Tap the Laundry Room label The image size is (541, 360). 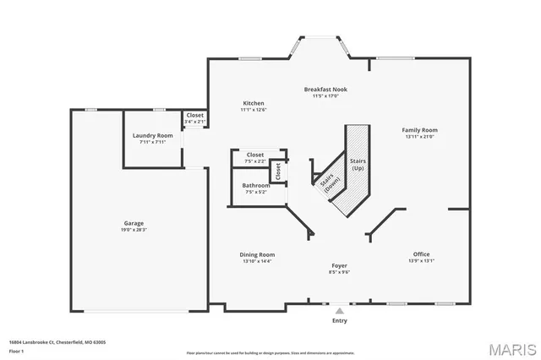click(152, 135)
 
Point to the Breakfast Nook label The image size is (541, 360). click(325, 89)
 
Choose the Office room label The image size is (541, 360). click(421, 254)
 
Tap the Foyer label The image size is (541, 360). click(339, 265)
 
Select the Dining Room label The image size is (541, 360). click(256, 254)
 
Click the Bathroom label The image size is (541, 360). click(255, 185)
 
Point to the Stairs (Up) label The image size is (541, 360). click(358, 163)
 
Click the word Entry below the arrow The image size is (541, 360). click(339, 320)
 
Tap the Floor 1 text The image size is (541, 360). click(18, 351)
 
